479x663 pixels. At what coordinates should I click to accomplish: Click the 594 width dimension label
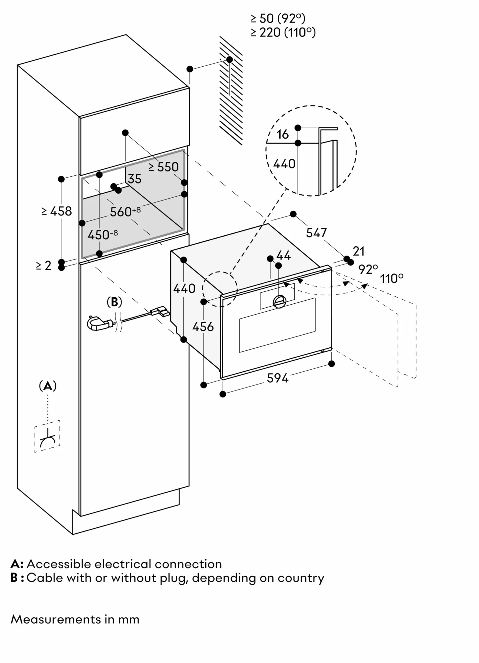278,378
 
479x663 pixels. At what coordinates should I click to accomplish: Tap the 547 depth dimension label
316,233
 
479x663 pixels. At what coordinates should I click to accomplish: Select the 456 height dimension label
203,327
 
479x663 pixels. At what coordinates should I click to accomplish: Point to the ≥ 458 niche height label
57,211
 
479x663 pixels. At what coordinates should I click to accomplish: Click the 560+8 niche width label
125,211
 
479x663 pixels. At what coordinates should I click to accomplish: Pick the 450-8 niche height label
102,235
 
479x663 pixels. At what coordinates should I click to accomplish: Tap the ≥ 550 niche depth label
164,167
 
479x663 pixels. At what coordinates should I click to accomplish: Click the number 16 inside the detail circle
282,134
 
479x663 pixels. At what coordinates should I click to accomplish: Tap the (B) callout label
114,302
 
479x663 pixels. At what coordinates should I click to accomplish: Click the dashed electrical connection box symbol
47,436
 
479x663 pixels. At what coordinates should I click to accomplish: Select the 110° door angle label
392,278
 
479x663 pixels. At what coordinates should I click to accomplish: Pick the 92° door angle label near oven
368,269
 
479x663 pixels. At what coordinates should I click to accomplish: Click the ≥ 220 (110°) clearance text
283,32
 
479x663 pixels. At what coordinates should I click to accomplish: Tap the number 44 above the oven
283,255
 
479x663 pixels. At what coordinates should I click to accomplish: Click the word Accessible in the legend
58,564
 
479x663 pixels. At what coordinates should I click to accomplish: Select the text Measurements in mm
75,619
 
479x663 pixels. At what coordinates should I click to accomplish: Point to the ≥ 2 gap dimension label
44,266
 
